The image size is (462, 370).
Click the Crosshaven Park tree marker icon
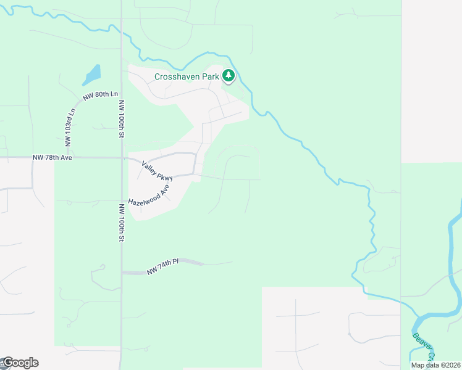coord(229,76)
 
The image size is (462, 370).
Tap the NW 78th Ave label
coord(52,158)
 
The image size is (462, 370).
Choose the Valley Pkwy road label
coord(156,171)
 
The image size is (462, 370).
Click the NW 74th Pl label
coord(162,267)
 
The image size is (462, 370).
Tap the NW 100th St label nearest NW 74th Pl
coord(122,229)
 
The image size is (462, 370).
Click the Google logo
coord(20,363)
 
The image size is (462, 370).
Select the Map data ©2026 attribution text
coord(435,365)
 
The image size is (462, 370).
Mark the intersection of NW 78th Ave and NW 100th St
coord(121,158)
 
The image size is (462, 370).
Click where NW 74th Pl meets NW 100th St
coord(122,272)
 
